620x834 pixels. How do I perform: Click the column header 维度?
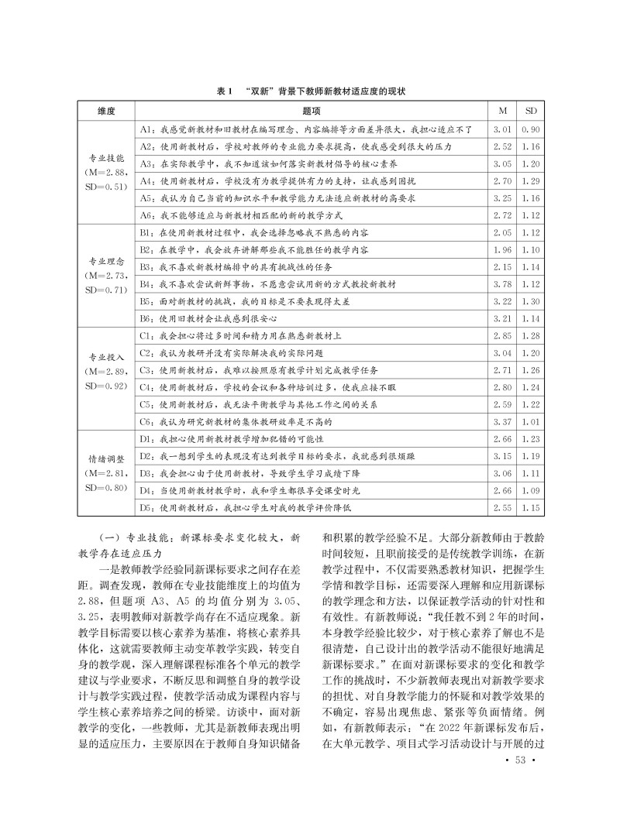[106, 111]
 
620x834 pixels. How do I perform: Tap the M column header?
[503, 111]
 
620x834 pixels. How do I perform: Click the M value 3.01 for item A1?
[503, 129]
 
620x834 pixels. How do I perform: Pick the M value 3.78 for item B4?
[503, 284]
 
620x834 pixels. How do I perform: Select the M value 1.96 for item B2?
[503, 249]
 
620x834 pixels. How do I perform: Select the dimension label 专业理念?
[106, 261]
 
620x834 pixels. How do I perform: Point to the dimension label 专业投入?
[106, 358]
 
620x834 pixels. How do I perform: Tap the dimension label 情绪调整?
[106, 458]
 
